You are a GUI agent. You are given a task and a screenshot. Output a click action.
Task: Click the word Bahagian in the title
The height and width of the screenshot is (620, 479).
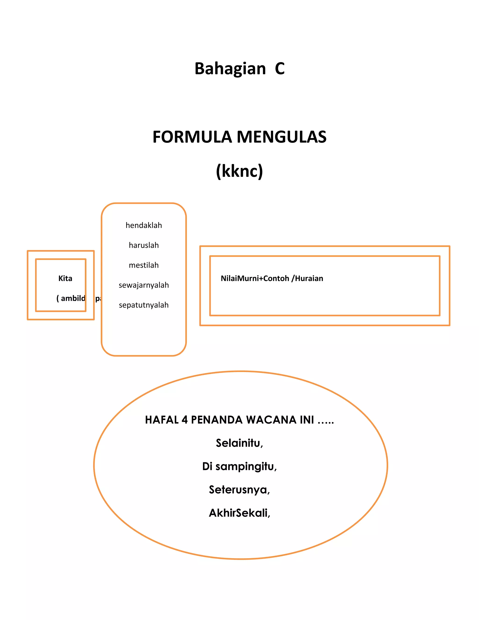(x=230, y=69)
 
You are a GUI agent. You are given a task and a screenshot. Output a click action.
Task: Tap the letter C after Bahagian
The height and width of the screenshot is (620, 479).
(x=279, y=69)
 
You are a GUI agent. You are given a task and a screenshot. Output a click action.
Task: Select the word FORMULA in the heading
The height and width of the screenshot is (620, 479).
(x=192, y=137)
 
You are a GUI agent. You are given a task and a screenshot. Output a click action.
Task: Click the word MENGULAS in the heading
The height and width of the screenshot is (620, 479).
(x=282, y=137)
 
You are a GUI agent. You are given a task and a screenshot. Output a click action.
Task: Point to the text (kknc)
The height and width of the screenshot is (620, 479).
(x=239, y=171)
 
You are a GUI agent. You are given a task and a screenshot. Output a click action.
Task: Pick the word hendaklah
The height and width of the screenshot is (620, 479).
(x=144, y=225)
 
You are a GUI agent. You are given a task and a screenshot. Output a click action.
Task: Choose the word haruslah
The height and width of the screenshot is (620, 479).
(x=144, y=245)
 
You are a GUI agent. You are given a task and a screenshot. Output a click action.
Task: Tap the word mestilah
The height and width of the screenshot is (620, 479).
(x=144, y=265)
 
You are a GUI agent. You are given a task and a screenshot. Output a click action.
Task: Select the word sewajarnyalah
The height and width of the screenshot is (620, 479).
(x=144, y=285)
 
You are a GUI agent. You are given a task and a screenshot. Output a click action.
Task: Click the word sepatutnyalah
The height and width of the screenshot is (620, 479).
(x=144, y=305)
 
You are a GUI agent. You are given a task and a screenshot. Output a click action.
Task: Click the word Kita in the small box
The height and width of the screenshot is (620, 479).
(x=65, y=278)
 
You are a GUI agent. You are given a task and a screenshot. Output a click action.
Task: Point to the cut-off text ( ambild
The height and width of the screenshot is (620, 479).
(x=71, y=298)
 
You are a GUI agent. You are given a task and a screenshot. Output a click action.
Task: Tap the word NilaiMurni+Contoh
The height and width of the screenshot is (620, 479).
(x=255, y=278)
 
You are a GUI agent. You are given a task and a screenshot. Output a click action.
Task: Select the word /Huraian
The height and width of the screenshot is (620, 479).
(x=307, y=278)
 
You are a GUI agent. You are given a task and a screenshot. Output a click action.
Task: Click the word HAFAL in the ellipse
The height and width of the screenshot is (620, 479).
(x=162, y=420)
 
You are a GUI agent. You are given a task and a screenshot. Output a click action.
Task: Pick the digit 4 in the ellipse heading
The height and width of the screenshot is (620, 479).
(x=185, y=420)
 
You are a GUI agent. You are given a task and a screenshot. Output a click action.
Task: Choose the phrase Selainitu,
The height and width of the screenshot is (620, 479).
(x=239, y=443)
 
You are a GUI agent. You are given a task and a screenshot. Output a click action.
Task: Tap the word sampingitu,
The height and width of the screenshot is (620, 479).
(x=246, y=467)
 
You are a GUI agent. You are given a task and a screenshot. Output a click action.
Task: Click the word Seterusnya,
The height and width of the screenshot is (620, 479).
(x=239, y=490)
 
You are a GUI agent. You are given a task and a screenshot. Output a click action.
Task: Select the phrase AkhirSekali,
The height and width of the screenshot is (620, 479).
(x=239, y=513)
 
